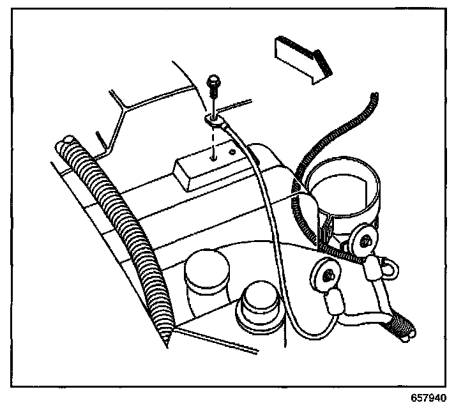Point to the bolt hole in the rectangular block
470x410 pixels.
214,154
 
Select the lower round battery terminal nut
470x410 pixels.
326,275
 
